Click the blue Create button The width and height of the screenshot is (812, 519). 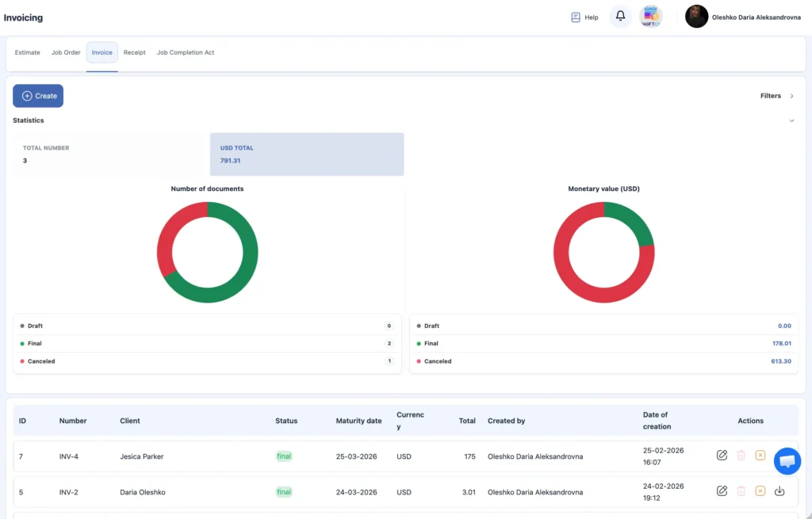pos(38,96)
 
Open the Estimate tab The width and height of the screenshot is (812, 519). pos(28,53)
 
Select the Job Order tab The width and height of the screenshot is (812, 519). pos(66,53)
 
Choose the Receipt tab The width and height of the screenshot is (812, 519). pos(135,53)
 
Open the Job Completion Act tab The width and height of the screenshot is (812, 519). pos(186,53)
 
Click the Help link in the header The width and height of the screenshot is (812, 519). pos(584,17)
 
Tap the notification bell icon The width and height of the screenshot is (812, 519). pos(620,16)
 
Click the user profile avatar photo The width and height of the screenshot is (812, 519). pos(696,17)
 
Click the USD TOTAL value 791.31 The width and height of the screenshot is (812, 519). pos(231,161)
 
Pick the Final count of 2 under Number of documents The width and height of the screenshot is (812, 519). pos(389,344)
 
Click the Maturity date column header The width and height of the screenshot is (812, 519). pos(358,421)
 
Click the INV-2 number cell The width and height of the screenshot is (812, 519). pos(68,492)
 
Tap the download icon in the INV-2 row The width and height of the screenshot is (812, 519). pos(779,491)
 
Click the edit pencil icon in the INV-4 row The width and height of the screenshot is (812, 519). pos(722,455)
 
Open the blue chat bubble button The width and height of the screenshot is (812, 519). pos(787,460)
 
